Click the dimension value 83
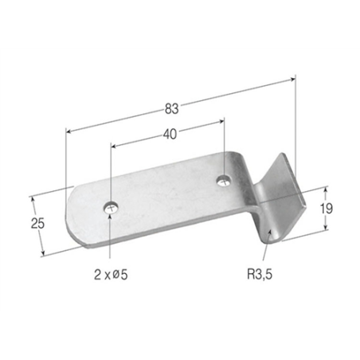172,109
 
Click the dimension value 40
170,134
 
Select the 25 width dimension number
37,223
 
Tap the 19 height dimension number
327,209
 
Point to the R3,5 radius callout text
260,274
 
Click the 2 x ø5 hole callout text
111,275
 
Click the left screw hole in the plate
112,208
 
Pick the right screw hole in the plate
224,181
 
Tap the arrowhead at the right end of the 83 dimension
292,79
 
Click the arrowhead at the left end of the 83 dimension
69,131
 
